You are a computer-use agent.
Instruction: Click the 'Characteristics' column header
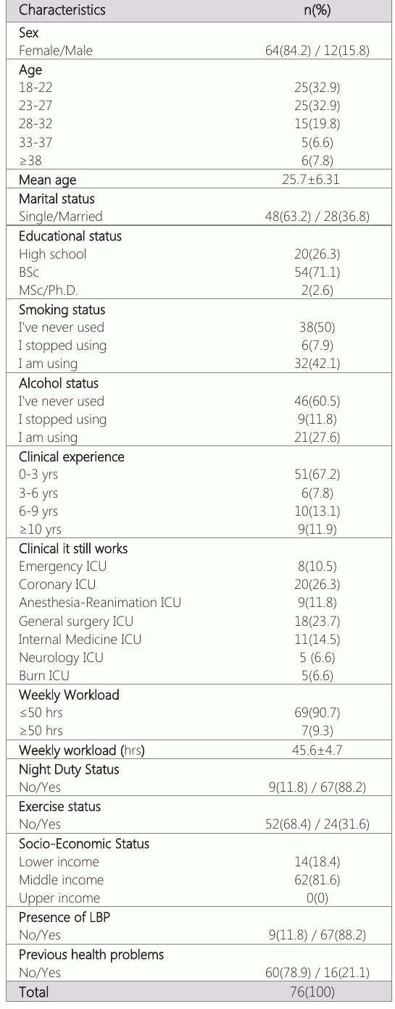[x=62, y=10]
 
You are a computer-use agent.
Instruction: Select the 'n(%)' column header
[x=317, y=10]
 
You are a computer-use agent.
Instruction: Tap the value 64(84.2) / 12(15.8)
[x=317, y=51]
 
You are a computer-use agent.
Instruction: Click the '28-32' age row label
[x=36, y=123]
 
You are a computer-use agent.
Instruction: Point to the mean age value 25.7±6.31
[x=311, y=180]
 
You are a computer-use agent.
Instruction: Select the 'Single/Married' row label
[x=61, y=216]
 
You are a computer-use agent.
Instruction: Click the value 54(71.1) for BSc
[x=317, y=272]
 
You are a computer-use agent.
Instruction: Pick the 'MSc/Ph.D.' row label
[x=49, y=290]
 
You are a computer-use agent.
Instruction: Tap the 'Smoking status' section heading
[x=62, y=309]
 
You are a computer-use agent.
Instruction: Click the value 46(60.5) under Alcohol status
[x=317, y=401]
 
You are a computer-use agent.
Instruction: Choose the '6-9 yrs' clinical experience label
[x=38, y=511]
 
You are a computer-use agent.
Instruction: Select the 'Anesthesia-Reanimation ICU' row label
[x=99, y=602]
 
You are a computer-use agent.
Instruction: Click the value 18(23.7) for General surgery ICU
[x=317, y=621]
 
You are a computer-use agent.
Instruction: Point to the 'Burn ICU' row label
[x=44, y=676]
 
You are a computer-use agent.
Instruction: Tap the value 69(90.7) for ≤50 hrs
[x=317, y=713]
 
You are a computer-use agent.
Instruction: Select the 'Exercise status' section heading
[x=59, y=806]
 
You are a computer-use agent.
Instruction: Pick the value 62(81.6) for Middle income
[x=317, y=880]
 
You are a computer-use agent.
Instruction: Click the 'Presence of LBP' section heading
[x=65, y=917]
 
